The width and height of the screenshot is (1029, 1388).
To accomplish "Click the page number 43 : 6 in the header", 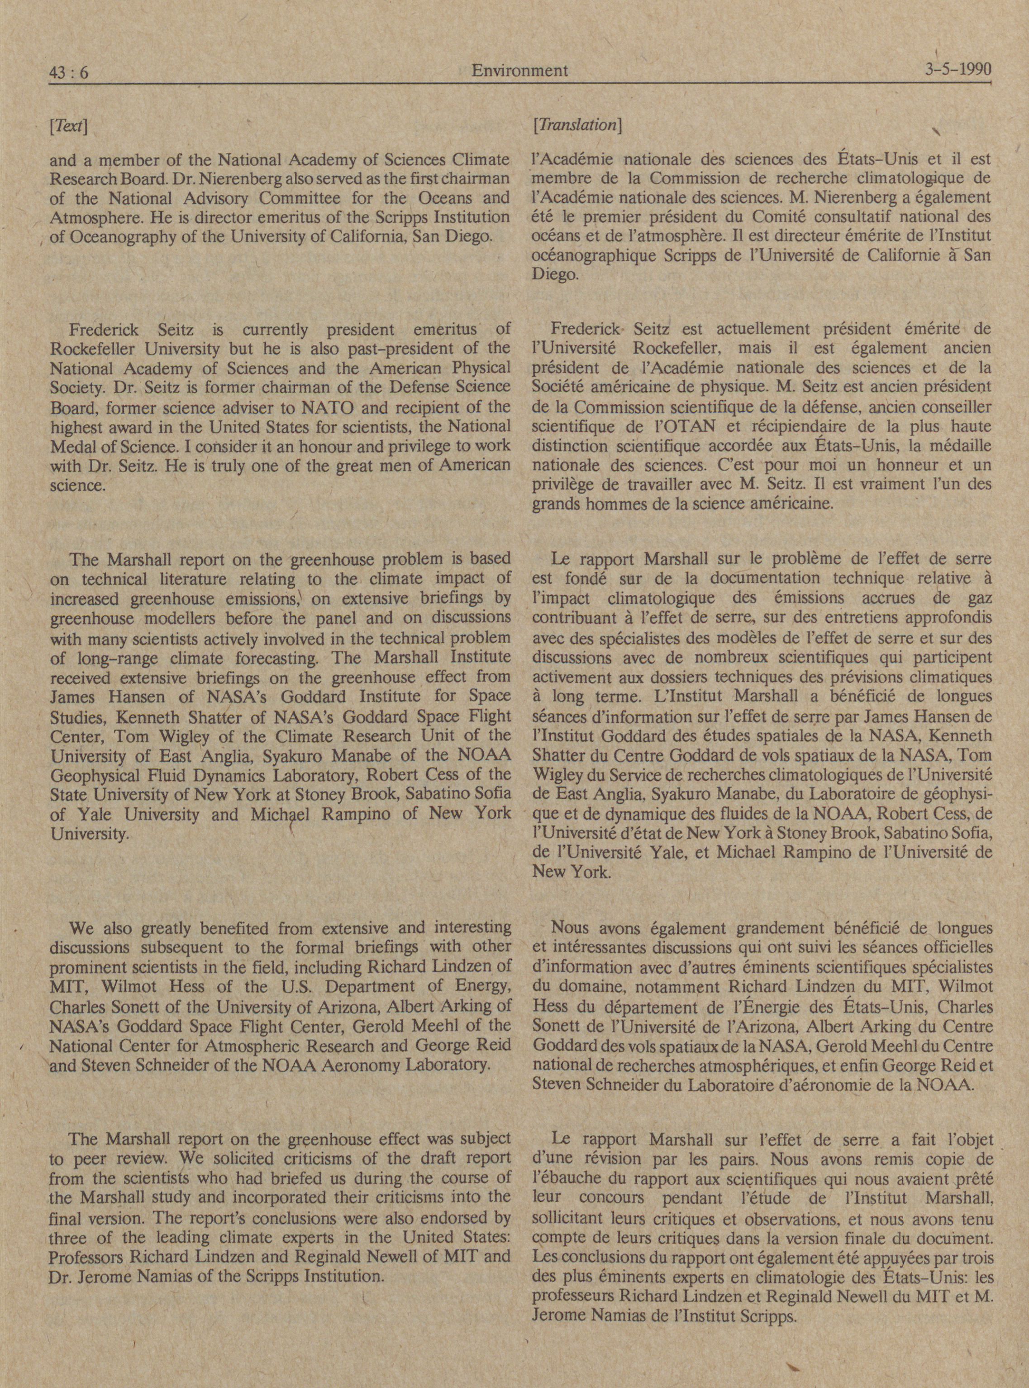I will click(68, 73).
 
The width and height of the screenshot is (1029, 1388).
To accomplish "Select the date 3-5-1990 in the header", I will click(958, 68).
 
